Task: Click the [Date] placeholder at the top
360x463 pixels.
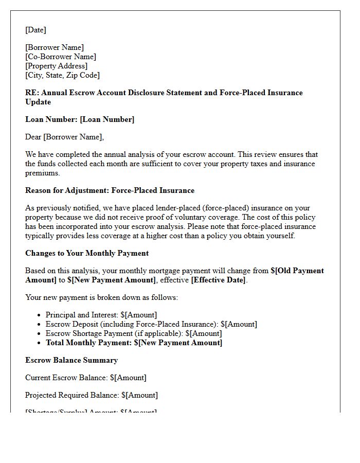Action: click(x=35, y=30)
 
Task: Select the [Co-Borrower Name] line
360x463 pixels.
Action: click(x=61, y=57)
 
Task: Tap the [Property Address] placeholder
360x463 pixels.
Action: click(x=57, y=66)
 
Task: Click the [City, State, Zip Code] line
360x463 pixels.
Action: click(x=62, y=75)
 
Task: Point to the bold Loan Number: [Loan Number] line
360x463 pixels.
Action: click(x=80, y=119)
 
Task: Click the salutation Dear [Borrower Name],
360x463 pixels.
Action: click(x=64, y=137)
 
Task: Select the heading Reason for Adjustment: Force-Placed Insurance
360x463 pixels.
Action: click(x=110, y=190)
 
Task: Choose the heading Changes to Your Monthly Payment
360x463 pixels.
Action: click(x=87, y=253)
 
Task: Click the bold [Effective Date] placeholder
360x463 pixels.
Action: click(x=219, y=280)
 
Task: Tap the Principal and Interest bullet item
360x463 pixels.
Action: click(x=101, y=315)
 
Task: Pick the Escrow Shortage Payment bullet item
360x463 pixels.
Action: click(x=134, y=333)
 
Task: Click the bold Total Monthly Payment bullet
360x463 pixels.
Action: click(x=134, y=343)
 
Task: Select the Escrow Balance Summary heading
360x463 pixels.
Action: click(x=71, y=360)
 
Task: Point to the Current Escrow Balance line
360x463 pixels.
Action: click(x=86, y=378)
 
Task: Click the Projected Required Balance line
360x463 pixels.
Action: click(x=92, y=395)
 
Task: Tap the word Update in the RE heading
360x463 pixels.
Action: click(x=38, y=102)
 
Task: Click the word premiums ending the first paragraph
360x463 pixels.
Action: click(x=42, y=173)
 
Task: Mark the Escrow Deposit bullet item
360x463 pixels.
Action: click(x=151, y=324)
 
